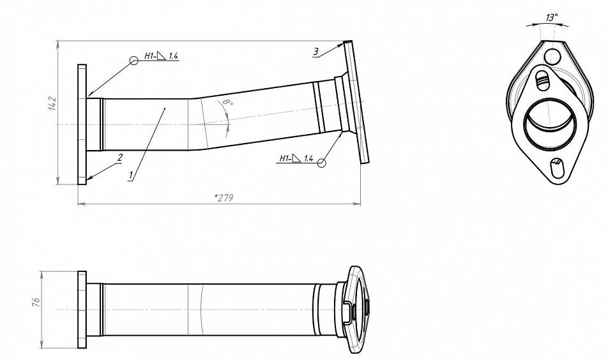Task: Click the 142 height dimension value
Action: coord(52,104)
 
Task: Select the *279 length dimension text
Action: coord(224,198)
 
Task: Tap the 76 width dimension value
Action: coord(36,303)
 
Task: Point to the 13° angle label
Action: coord(552,17)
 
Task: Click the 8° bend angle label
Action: coord(228,103)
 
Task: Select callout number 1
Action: coord(132,175)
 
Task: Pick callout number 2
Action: coord(120,157)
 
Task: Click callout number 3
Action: coord(316,52)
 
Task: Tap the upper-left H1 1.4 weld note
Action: coord(161,56)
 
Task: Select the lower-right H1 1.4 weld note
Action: coord(296,158)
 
